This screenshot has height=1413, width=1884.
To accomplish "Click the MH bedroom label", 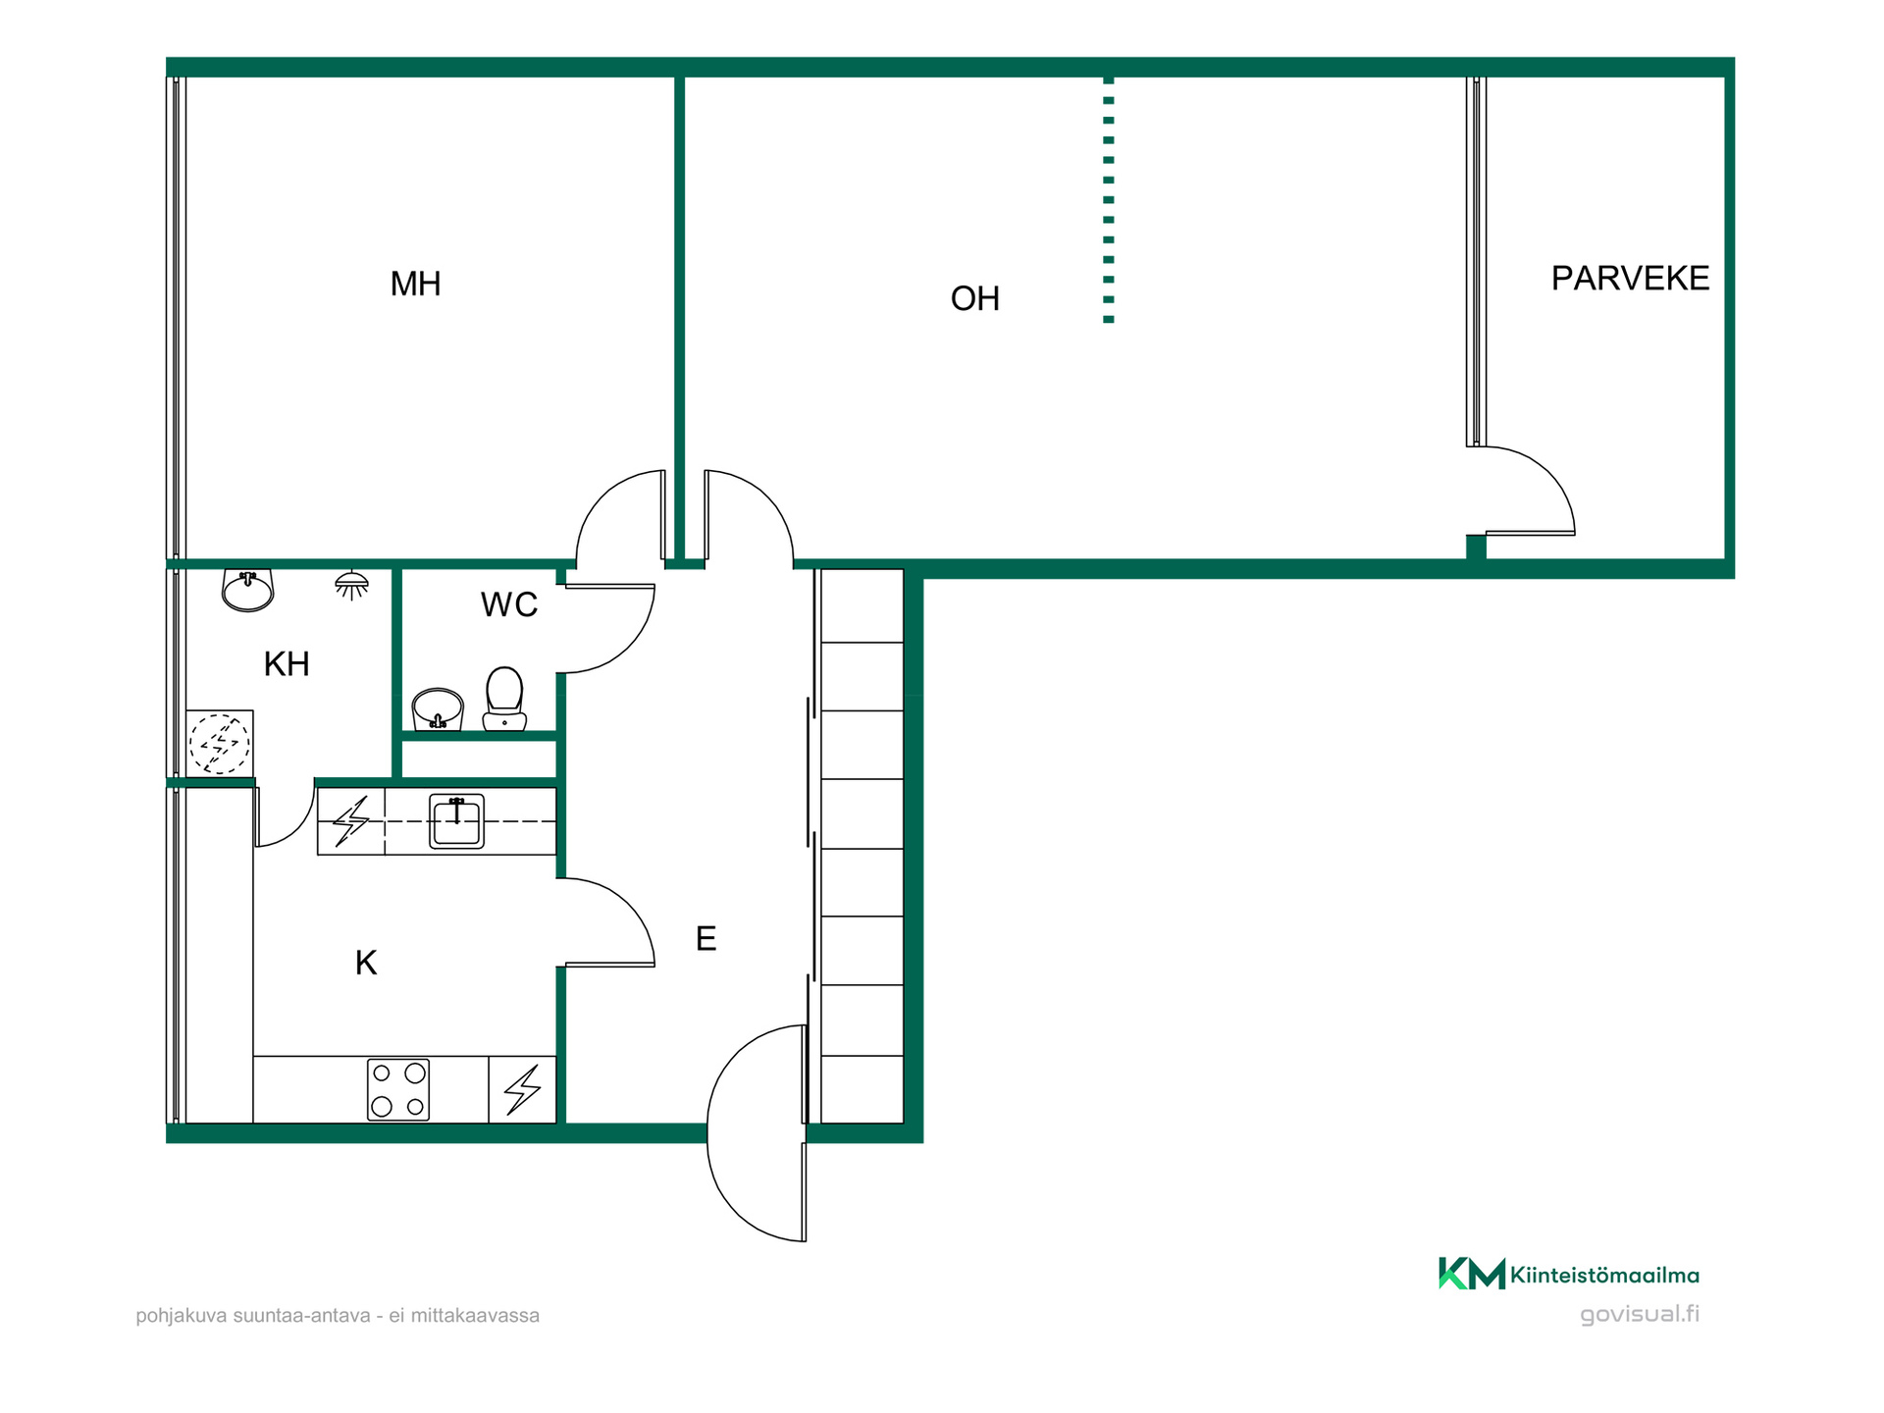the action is [415, 284].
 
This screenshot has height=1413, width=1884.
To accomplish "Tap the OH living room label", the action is [974, 298].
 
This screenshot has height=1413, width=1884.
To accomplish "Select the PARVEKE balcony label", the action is [1630, 279].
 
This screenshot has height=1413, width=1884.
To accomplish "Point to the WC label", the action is [508, 604].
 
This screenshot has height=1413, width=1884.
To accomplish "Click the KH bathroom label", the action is [287, 664].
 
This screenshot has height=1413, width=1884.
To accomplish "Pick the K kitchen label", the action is [366, 963].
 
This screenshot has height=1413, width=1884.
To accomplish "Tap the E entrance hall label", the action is [706, 939].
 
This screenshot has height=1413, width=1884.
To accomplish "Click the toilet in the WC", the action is [504, 699].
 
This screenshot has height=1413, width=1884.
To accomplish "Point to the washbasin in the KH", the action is [247, 590].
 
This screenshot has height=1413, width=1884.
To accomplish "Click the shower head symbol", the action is [351, 586].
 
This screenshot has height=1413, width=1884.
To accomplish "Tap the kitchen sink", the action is [456, 821].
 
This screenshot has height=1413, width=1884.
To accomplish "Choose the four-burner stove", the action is [398, 1089].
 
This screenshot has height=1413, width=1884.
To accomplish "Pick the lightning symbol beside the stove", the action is [522, 1089].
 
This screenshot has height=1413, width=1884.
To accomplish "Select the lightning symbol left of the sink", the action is [351, 821].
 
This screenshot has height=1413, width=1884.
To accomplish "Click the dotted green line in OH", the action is [1109, 200].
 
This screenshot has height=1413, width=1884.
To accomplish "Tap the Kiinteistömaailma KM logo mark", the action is [1471, 1274].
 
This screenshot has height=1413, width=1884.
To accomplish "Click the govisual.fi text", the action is [1640, 1314].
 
